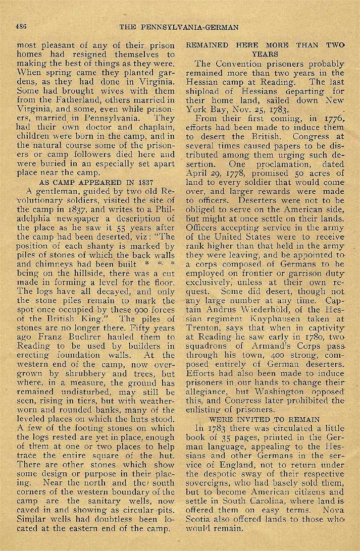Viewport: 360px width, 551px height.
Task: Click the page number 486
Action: (x=21, y=26)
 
